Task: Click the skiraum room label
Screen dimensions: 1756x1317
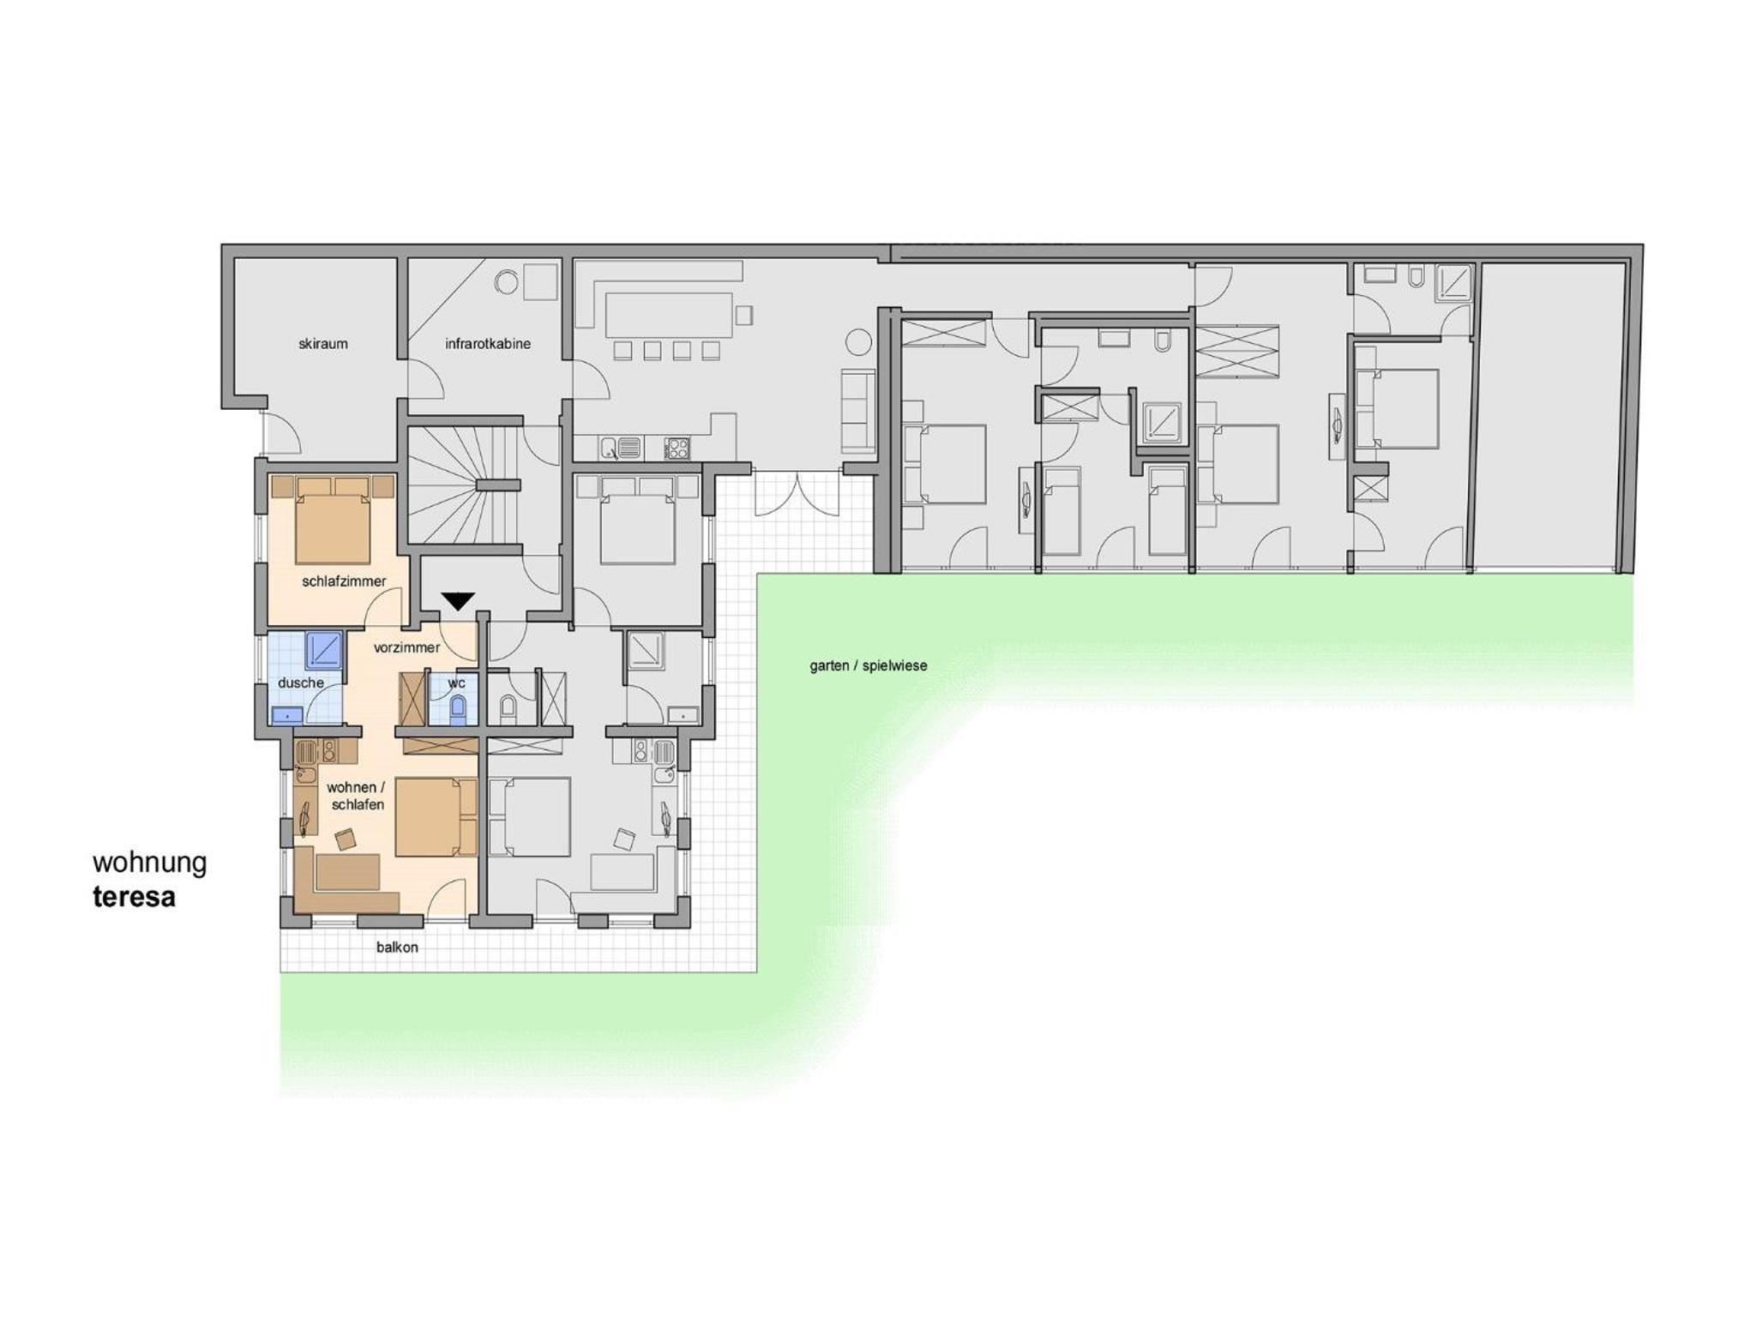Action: pyautogui.click(x=323, y=344)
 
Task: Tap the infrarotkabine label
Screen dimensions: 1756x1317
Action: pyautogui.click(x=487, y=344)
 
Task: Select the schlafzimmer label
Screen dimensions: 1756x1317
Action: pyautogui.click(x=344, y=581)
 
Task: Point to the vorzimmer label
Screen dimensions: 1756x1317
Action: pyautogui.click(x=406, y=647)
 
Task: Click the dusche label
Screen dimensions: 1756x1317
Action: pyautogui.click(x=301, y=683)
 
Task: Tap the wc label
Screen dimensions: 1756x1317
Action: pyautogui.click(x=456, y=683)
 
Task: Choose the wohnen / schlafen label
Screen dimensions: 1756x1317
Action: pyautogui.click(x=356, y=796)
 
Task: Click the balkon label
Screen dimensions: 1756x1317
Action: pyautogui.click(x=397, y=947)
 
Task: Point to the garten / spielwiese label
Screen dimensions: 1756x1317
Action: pyautogui.click(x=869, y=665)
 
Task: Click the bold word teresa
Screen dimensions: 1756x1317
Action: pyautogui.click(x=135, y=897)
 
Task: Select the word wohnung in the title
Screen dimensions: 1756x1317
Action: pyautogui.click(x=150, y=863)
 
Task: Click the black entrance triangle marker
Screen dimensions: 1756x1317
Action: pyautogui.click(x=458, y=601)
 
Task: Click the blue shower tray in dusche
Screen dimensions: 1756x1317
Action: pyautogui.click(x=324, y=651)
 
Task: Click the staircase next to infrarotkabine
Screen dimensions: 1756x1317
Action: pyautogui.click(x=464, y=485)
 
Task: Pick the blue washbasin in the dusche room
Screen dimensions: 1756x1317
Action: pyautogui.click(x=287, y=714)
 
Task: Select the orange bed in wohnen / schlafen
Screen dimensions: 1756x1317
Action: pyautogui.click(x=436, y=817)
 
